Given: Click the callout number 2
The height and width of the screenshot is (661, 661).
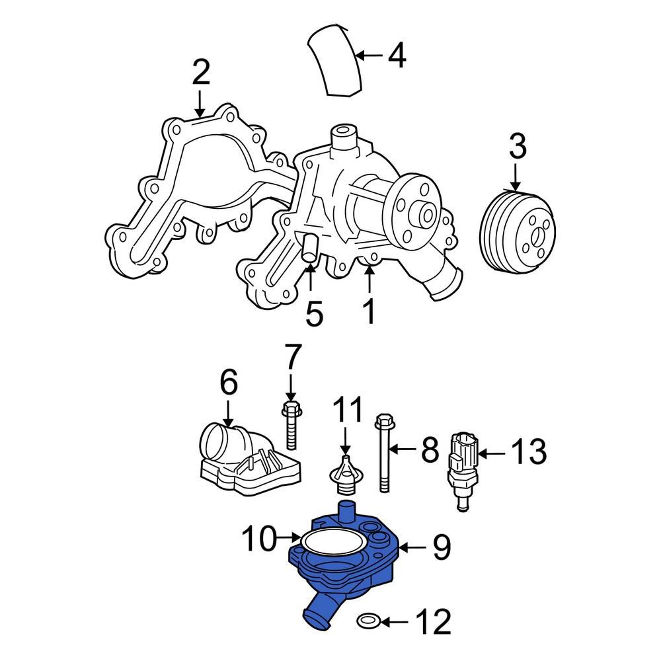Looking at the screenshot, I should [200, 72].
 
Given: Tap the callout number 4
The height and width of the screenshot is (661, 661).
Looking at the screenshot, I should [396, 56].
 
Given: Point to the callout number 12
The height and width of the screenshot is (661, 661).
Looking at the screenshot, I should [432, 622].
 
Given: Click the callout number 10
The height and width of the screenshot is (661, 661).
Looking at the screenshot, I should [258, 539].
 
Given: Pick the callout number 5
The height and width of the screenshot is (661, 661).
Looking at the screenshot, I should [314, 313].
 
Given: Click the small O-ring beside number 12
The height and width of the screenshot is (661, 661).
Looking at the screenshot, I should [368, 621].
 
